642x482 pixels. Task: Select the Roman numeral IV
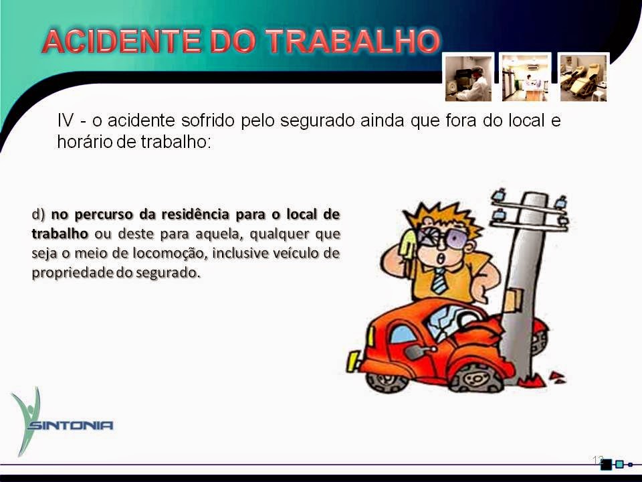click(x=65, y=121)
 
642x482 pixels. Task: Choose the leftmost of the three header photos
click(x=469, y=77)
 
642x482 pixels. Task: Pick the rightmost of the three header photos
click(x=582, y=77)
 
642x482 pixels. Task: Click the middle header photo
click(x=526, y=77)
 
